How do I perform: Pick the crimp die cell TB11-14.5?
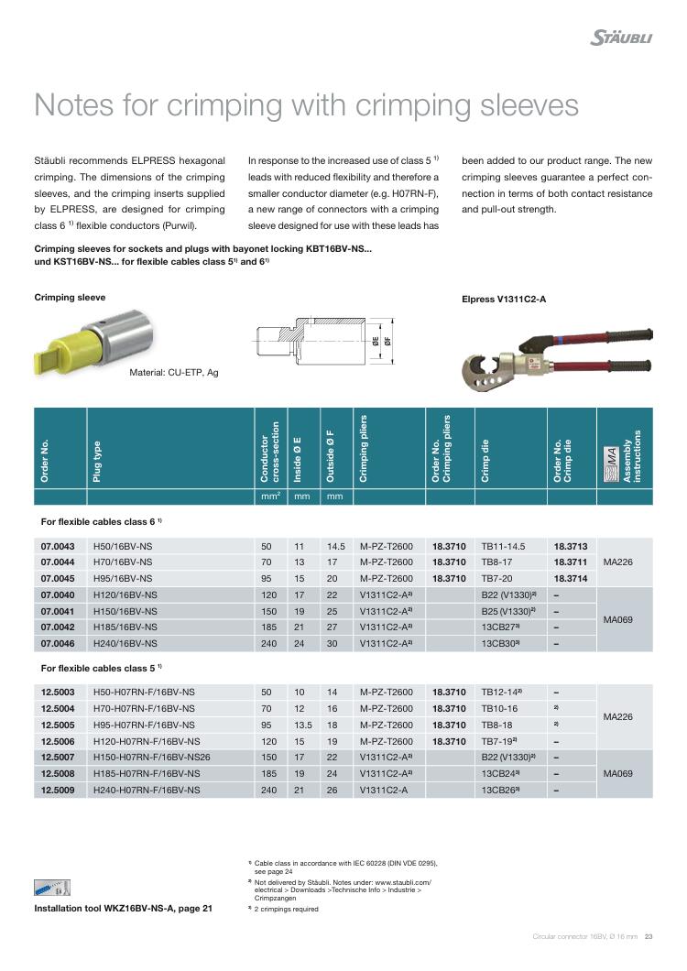coord(505,545)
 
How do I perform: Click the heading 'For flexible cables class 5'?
coord(102,667)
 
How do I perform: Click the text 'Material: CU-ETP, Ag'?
coord(174,372)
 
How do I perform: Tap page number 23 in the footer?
coord(649,936)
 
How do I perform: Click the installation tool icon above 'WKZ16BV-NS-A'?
coord(51,888)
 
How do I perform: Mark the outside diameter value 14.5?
coord(335,545)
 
